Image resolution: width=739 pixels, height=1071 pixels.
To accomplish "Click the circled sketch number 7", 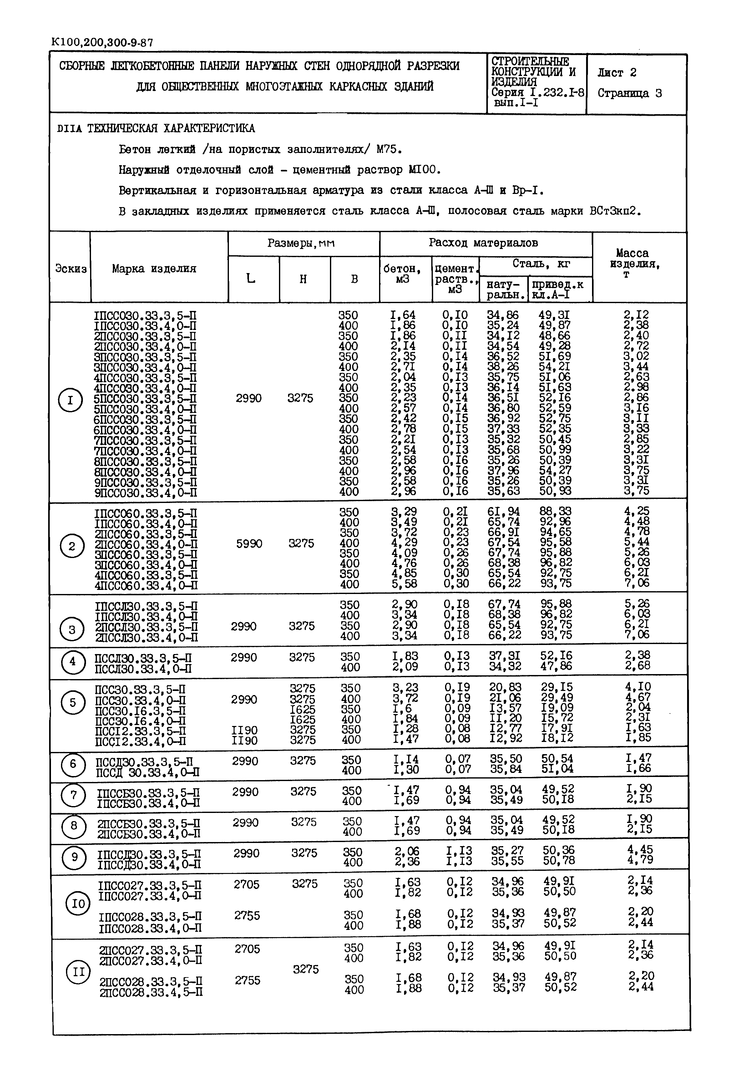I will pos(73,795).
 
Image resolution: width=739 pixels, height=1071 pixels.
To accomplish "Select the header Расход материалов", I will pos(483,243).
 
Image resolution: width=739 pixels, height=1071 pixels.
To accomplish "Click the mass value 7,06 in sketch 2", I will pos(637,583).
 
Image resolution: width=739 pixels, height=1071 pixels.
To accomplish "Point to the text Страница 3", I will pos(630,93).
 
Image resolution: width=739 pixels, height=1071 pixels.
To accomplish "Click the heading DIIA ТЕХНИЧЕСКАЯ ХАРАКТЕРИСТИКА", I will pos(156,128).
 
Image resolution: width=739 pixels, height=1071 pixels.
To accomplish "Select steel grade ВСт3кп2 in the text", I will pos(615,211).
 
